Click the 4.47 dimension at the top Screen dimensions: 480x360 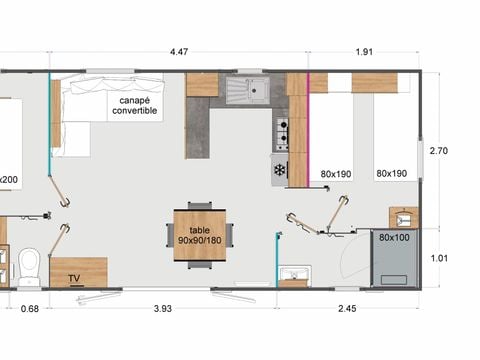(179, 52)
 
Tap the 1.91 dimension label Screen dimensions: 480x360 (364, 52)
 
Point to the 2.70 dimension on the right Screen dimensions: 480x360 (439, 151)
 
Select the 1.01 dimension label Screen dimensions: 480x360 (439, 258)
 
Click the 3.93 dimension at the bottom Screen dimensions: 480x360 (163, 309)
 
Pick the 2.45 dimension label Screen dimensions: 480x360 (347, 309)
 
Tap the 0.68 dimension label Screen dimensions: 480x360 (30, 309)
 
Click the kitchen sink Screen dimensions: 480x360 (248, 90)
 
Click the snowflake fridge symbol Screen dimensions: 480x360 (280, 170)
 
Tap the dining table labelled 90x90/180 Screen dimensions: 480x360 (200, 235)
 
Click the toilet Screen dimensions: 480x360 (29, 266)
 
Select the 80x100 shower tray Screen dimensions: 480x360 (395, 258)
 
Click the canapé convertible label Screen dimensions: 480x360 (135, 105)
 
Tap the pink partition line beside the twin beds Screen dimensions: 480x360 (309, 129)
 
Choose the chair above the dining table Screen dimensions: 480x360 (200, 205)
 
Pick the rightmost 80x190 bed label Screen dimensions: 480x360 (392, 173)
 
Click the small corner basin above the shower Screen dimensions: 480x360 (404, 218)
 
